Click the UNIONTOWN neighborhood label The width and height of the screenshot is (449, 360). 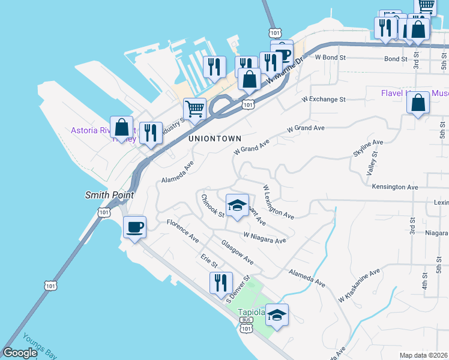tap(215, 138)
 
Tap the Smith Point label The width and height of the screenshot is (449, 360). tap(109, 195)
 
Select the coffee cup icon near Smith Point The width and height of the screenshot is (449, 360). tap(134, 227)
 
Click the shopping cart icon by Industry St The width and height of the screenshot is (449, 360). tap(194, 110)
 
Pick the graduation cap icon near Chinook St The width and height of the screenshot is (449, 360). tap(237, 206)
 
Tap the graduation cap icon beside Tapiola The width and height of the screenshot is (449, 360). tap(277, 315)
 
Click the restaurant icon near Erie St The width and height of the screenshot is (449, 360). tap(221, 283)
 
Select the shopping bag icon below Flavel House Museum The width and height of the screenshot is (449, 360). tap(418, 103)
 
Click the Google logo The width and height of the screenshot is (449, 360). tap(20, 353)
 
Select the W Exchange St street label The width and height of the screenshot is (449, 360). tap(324, 98)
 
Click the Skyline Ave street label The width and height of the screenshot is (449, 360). tap(368, 148)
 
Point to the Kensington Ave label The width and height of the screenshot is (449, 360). tap(394, 187)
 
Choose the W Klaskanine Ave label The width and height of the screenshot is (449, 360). tap(360, 284)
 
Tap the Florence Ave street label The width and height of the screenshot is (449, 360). tap(182, 230)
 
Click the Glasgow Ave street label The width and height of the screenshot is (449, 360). tap(237, 253)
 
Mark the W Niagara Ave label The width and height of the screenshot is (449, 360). tap(264, 238)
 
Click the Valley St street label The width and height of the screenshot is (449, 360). tap(373, 163)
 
